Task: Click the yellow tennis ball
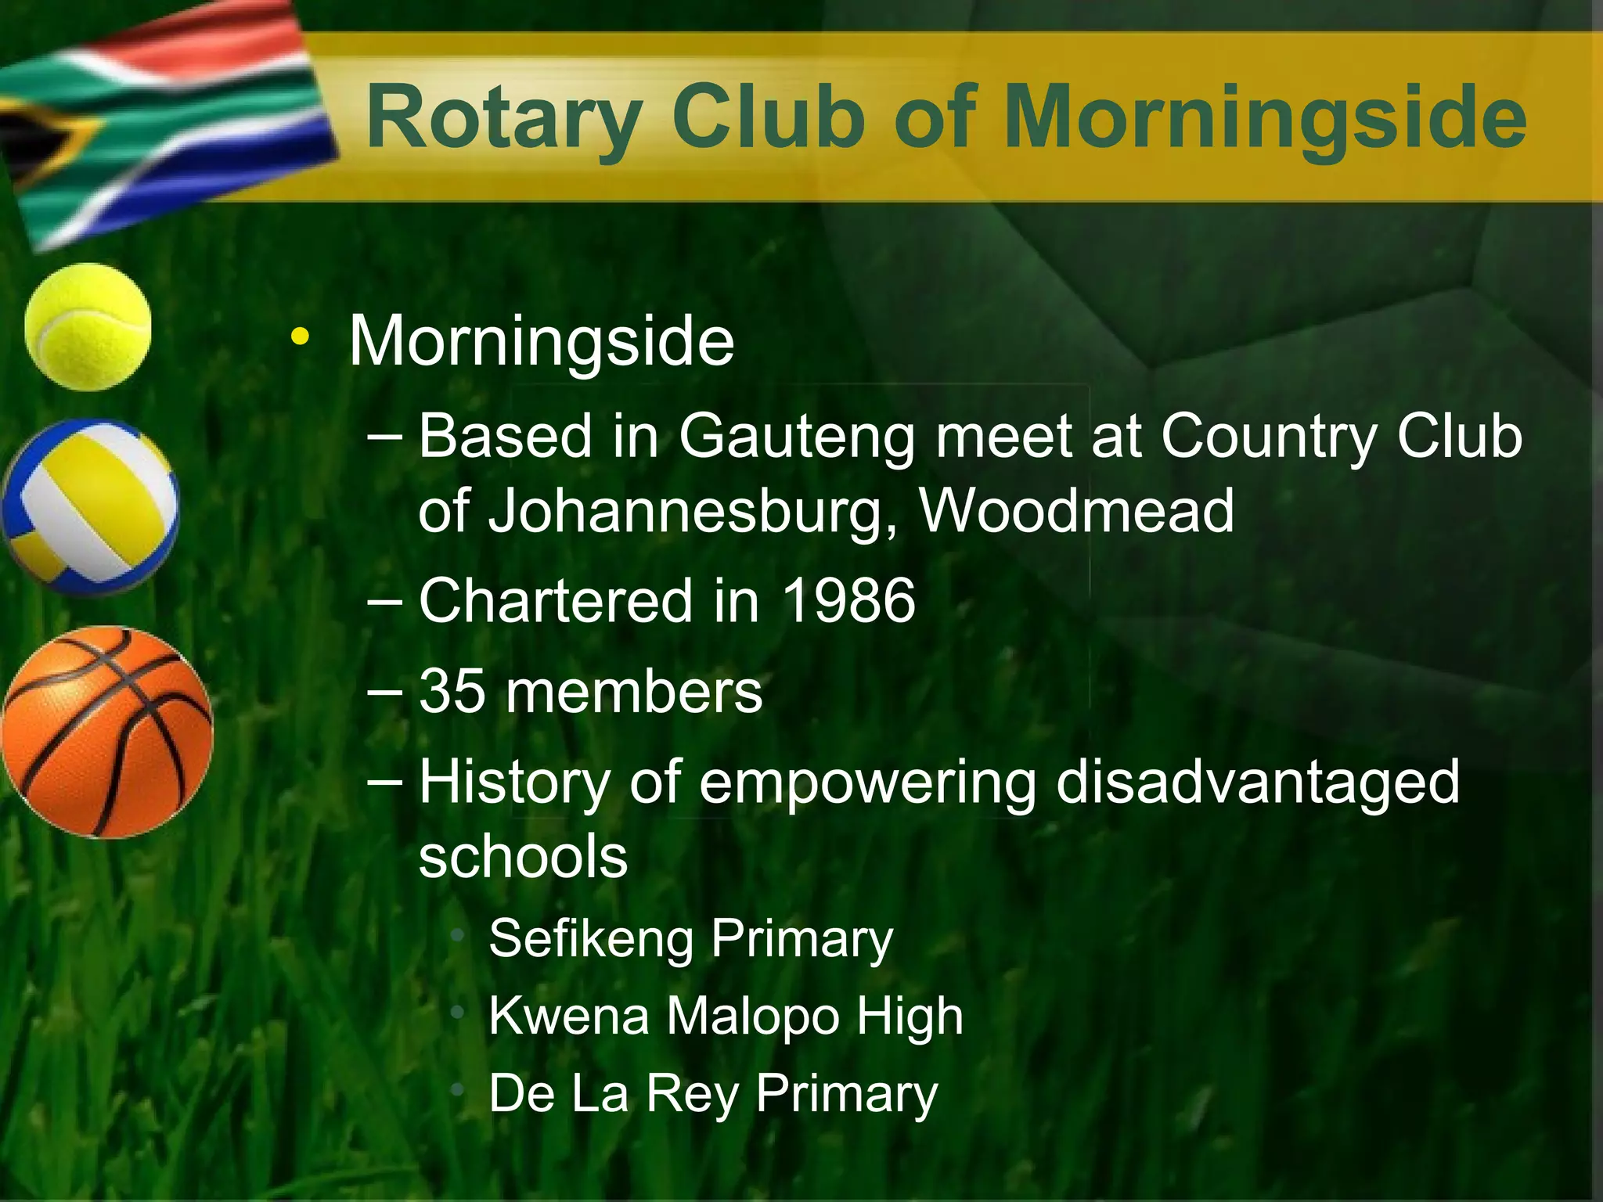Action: point(88,326)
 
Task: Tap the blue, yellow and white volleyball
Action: point(90,506)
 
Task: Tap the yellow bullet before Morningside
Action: point(299,338)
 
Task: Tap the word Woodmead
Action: point(1076,511)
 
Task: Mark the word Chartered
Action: point(556,601)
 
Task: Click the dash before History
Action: point(384,779)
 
